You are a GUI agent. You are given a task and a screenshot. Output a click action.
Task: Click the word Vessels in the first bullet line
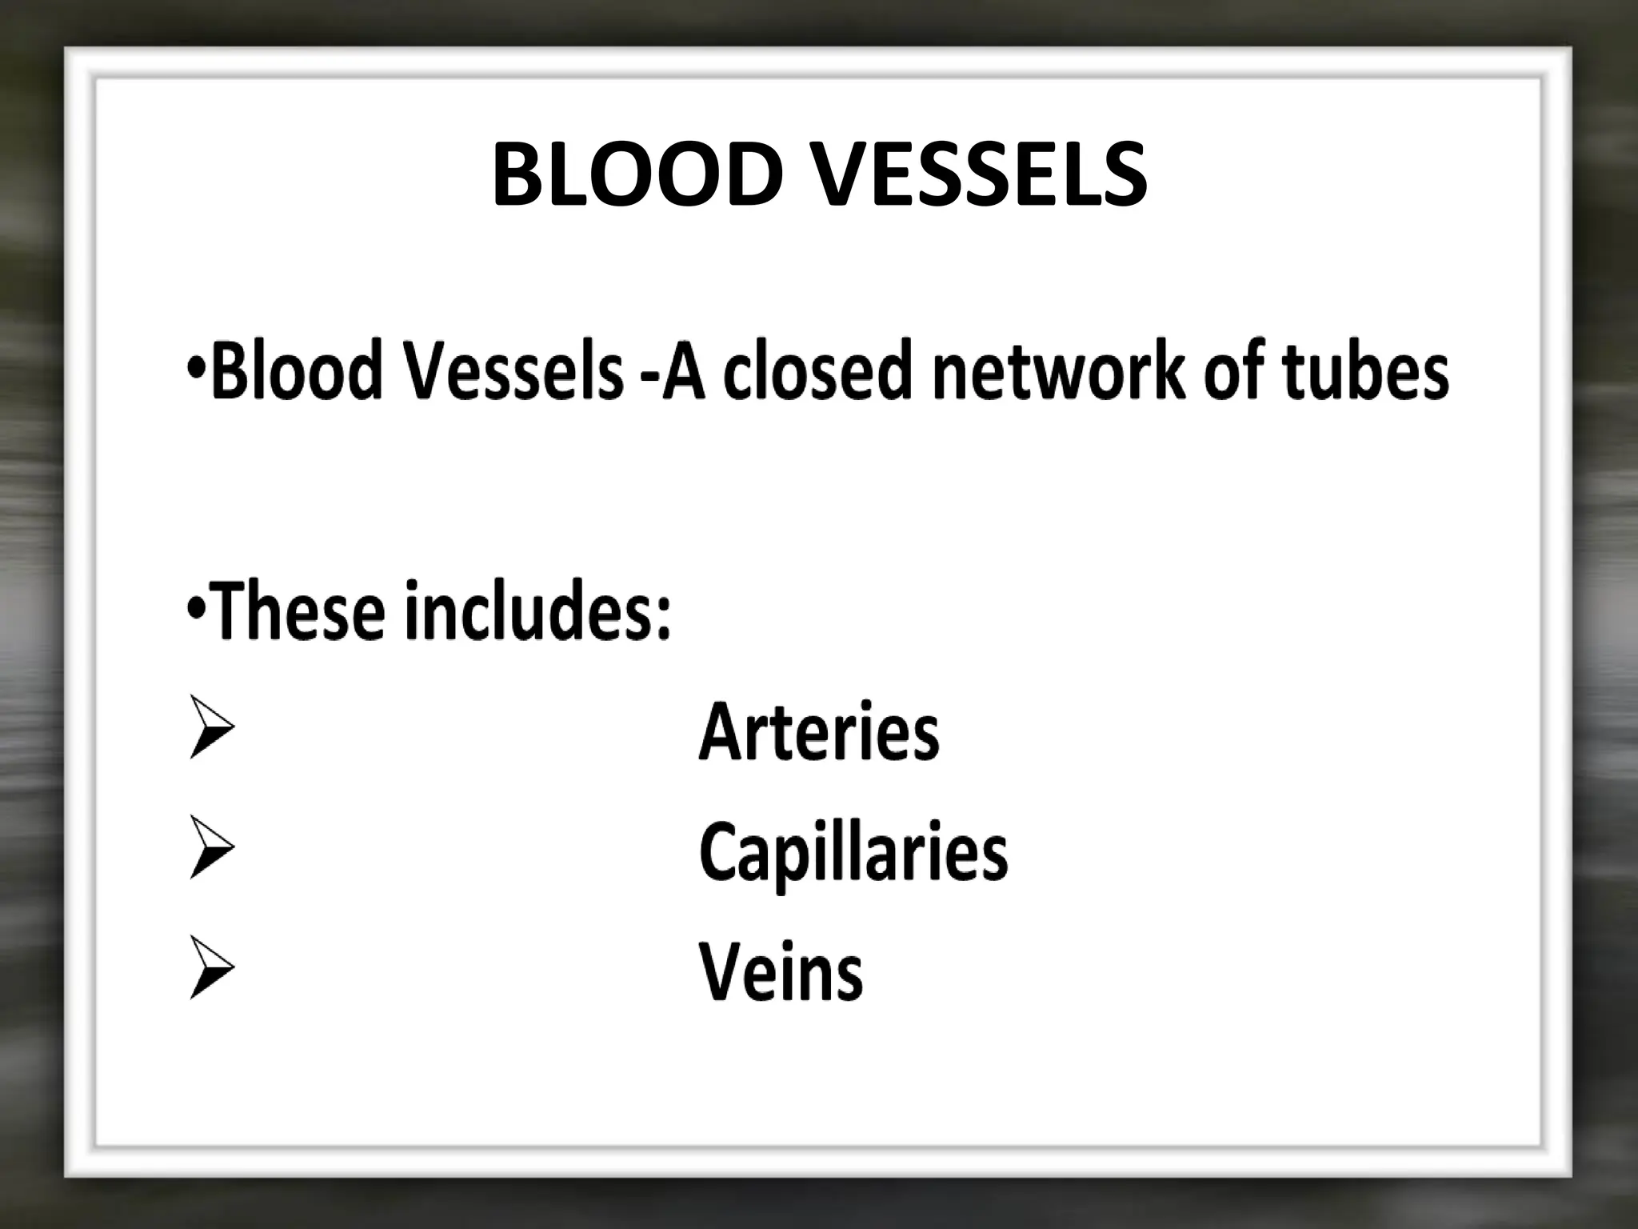pos(513,370)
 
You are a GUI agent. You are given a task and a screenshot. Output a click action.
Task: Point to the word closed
pos(817,370)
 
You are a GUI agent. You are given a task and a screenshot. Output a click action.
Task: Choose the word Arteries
pos(819,732)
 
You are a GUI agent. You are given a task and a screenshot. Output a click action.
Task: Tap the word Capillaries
pos(853,855)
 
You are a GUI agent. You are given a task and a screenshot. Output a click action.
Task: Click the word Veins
pos(781,972)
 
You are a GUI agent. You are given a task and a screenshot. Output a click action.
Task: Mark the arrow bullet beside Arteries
pos(211,727)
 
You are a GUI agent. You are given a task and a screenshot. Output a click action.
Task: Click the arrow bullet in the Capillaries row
pos(211,847)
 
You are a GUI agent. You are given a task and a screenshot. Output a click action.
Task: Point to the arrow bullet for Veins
pos(211,967)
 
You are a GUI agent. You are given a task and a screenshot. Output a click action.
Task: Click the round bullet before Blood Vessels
pos(194,370)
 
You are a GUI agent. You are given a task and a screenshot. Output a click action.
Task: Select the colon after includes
pos(663,620)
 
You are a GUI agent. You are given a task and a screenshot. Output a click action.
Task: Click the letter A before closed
pos(685,370)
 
